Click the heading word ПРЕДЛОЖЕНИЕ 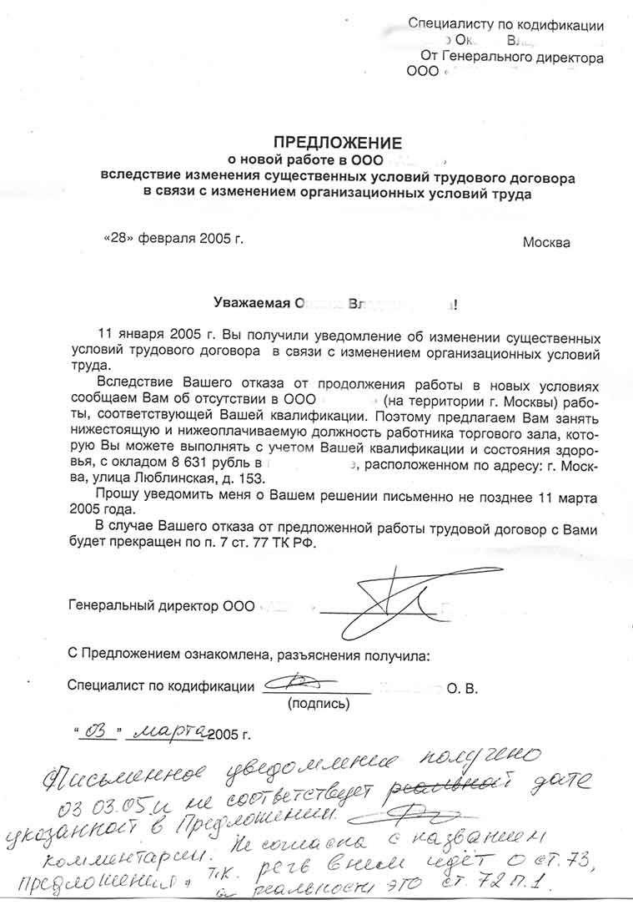coord(338,142)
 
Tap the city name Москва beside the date coord(546,243)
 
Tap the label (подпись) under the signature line coord(319,704)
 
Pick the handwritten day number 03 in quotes coord(98,732)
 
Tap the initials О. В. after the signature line coord(462,688)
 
